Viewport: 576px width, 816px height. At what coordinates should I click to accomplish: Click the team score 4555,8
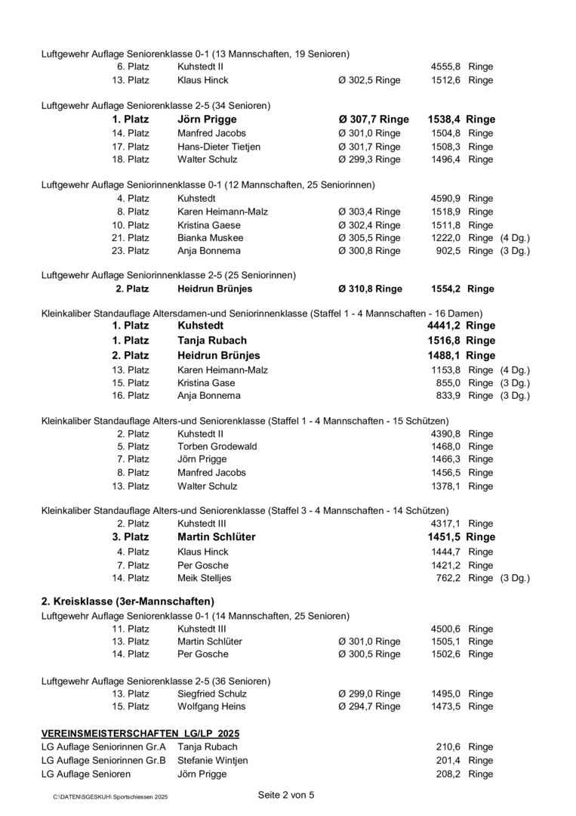[446, 67]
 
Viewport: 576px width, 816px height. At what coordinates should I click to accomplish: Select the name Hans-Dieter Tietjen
[218, 147]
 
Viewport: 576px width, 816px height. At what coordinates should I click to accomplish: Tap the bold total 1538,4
[445, 119]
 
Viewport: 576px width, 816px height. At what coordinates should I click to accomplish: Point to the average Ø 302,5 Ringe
[369, 80]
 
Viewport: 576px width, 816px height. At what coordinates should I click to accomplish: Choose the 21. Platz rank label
[133, 238]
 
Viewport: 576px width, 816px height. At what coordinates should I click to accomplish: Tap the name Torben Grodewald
[217, 447]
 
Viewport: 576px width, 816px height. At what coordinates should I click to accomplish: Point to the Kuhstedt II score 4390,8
[446, 434]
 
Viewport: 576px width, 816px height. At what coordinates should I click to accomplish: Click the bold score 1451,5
[445, 537]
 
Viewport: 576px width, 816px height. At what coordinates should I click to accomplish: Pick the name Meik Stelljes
[204, 579]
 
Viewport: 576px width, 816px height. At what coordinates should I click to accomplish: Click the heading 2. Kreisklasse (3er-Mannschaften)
[128, 601]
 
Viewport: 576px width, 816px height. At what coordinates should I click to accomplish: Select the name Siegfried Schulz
[212, 694]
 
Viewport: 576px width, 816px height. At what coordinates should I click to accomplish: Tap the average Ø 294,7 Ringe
[369, 706]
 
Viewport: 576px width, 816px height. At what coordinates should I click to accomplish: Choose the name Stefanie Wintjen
[212, 760]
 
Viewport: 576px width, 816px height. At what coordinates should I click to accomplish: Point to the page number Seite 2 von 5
[285, 795]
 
